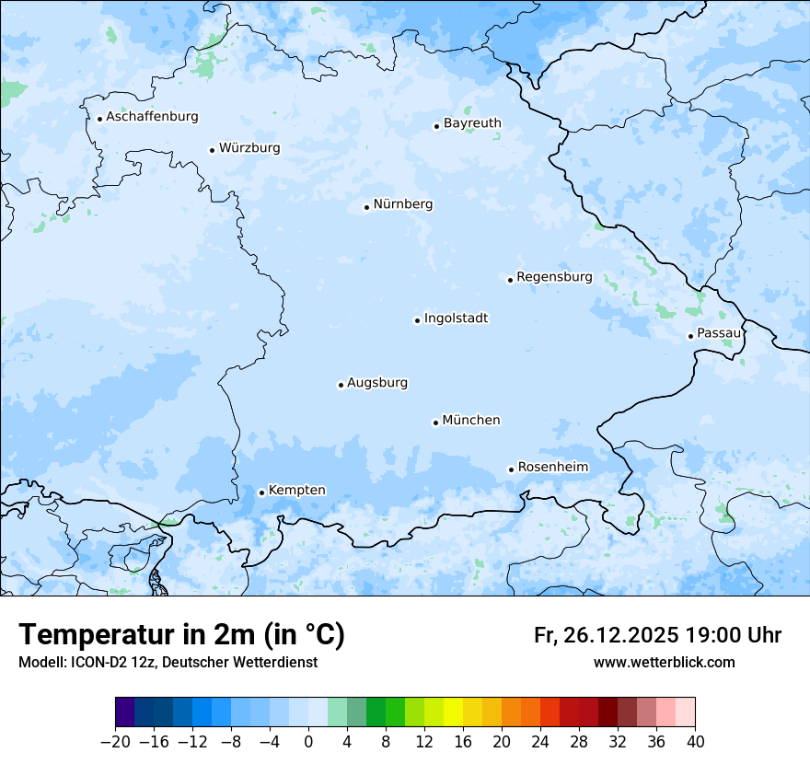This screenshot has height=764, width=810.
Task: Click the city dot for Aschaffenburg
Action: coord(99,119)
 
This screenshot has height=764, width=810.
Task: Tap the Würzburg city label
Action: coord(249,148)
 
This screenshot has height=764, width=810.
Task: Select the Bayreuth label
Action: coord(472,123)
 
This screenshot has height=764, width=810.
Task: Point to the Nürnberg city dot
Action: coord(366,207)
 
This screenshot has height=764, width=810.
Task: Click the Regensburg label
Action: coord(554,277)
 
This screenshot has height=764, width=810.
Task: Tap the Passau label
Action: coord(718,333)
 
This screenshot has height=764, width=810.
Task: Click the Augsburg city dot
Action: coord(341,385)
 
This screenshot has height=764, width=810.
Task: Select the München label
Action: coord(471,421)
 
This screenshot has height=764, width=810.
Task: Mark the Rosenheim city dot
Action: coord(511,469)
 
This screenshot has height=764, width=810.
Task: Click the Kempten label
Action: coord(296,491)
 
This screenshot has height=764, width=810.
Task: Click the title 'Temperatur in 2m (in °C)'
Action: coord(181,635)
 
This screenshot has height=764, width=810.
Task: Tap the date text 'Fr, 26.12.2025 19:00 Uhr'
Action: coord(657,635)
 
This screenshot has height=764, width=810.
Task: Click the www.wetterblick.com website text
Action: coord(664,662)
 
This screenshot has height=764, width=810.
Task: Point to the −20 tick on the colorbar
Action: coord(115,742)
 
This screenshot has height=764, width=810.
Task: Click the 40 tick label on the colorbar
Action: coord(695,742)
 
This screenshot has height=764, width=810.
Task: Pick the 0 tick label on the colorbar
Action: coord(308,742)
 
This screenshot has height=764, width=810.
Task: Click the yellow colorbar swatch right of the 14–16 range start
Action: coord(453,712)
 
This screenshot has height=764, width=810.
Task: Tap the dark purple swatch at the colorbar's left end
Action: coord(124,712)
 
